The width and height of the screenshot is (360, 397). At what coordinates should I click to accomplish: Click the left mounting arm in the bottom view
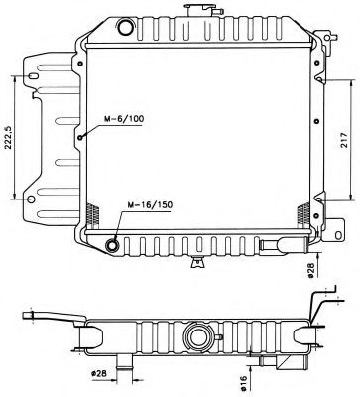(56, 318)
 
